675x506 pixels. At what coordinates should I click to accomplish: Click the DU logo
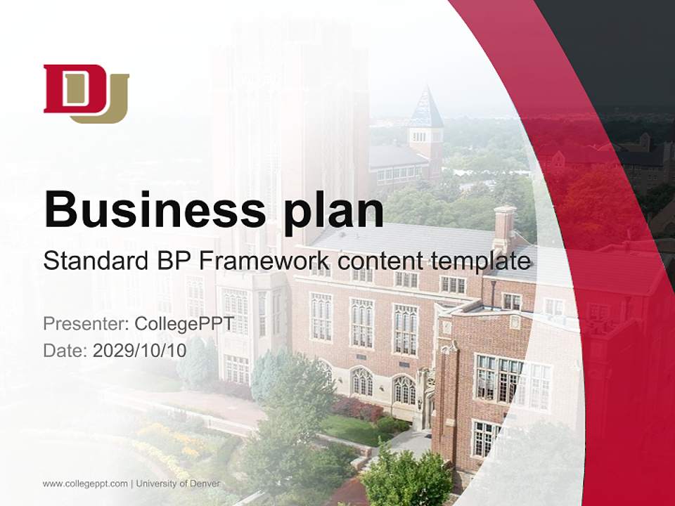pyautogui.click(x=86, y=93)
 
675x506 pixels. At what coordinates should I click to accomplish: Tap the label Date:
pyautogui.click(x=65, y=351)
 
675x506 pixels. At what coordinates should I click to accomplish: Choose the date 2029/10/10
pyautogui.click(x=139, y=351)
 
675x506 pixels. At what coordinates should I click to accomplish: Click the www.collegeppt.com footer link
pyautogui.click(x=85, y=484)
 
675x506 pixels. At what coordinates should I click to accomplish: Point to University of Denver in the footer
pyautogui.click(x=179, y=484)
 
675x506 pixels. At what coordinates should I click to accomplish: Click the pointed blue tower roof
pyautogui.click(x=426, y=110)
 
